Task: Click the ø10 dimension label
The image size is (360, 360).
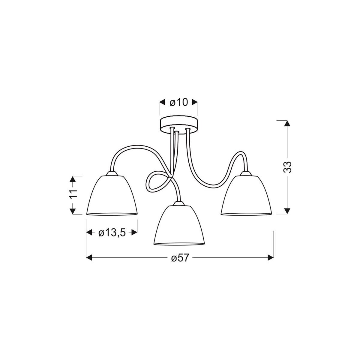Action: tap(178, 102)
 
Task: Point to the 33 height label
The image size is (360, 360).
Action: tap(287, 167)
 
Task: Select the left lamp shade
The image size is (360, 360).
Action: tap(112, 195)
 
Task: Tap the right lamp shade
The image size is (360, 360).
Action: tap(246, 195)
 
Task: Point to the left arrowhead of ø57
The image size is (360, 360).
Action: tap(89, 257)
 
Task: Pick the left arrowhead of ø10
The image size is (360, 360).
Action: tap(162, 102)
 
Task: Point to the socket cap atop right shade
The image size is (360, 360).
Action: tap(246, 173)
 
